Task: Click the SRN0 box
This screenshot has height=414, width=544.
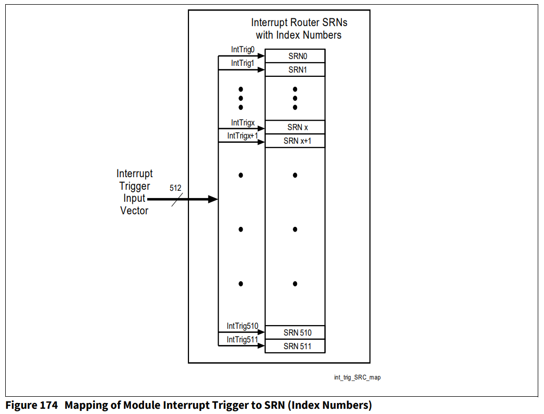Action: (295, 56)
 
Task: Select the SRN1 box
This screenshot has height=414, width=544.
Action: (295, 70)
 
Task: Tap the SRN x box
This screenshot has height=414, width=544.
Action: (295, 127)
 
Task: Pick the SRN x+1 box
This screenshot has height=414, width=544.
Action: (295, 141)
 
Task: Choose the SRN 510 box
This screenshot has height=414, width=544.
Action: (295, 332)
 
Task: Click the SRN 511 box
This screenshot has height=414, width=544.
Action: (295, 346)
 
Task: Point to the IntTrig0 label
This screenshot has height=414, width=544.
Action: (242, 50)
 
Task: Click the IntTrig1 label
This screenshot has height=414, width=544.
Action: (242, 63)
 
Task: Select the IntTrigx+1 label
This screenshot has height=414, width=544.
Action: (243, 136)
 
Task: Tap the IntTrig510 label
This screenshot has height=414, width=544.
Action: (242, 326)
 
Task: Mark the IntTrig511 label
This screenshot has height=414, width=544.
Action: (242, 340)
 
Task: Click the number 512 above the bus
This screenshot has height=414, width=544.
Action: (176, 188)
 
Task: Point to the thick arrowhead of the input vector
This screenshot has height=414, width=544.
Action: (212, 199)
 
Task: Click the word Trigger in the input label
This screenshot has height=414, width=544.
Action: (134, 186)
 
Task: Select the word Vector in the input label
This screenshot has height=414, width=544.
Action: (134, 211)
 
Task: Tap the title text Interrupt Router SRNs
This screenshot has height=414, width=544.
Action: (299, 23)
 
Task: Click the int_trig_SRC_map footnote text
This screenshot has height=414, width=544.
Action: (357, 377)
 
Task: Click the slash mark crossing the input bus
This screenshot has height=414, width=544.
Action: (177, 199)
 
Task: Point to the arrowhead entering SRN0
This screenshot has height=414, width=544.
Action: (261, 56)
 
